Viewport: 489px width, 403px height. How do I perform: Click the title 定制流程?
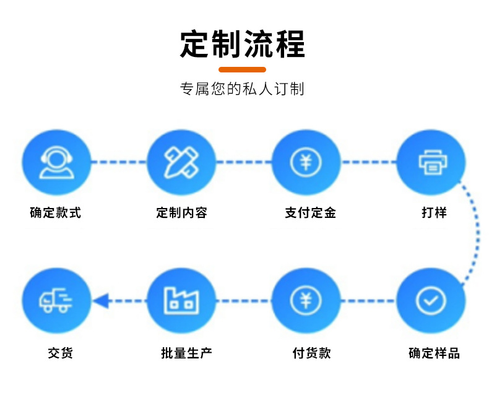(243, 44)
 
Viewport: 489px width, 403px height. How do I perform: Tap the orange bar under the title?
(243, 69)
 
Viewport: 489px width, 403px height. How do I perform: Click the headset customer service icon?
(56, 163)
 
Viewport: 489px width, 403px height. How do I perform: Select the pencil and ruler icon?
(181, 163)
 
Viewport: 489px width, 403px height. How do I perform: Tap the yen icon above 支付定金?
(306, 163)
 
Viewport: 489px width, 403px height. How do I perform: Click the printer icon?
(431, 163)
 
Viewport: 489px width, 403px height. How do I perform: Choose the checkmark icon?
(431, 301)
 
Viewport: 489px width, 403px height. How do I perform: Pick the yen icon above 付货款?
(306, 301)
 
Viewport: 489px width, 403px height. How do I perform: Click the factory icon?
(181, 301)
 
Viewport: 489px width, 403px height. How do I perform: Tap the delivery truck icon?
(56, 301)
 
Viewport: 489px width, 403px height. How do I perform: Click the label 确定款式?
(56, 213)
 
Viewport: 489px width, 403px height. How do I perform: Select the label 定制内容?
(181, 213)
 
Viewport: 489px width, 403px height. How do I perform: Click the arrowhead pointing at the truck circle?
(101, 301)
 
